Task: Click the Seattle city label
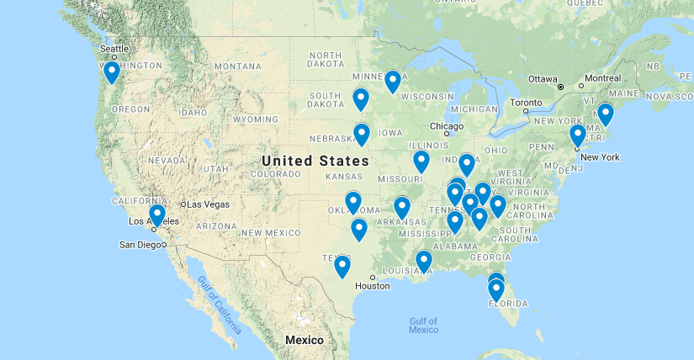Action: pos(114,48)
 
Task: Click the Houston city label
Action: pos(372,286)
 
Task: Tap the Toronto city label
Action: pos(527,102)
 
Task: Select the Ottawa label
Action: pos(543,78)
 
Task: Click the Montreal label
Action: pos(602,78)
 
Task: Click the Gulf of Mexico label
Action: pos(424,325)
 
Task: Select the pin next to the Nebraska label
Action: pos(362,134)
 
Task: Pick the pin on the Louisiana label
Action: pos(424,261)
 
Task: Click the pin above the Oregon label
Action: pos(112,73)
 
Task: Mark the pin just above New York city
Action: pos(577,135)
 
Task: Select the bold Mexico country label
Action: pos(304,340)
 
